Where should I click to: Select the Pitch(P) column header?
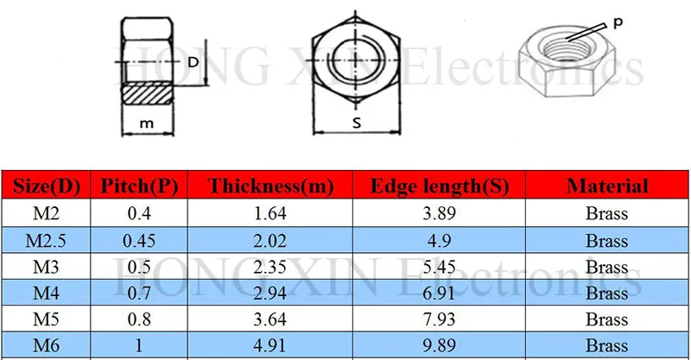(x=140, y=186)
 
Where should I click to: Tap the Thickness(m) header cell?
(x=270, y=186)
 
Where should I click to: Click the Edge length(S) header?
(x=439, y=186)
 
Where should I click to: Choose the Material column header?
(x=606, y=186)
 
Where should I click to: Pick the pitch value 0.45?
(x=140, y=240)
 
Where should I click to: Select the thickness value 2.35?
(x=270, y=267)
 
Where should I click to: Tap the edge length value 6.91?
(x=439, y=294)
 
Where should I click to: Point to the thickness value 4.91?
(x=270, y=346)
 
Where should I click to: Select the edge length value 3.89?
(x=439, y=213)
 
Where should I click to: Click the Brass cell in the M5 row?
(x=606, y=319)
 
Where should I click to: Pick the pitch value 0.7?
(x=140, y=294)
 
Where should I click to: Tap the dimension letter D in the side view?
(x=193, y=61)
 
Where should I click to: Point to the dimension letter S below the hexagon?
(x=356, y=123)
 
